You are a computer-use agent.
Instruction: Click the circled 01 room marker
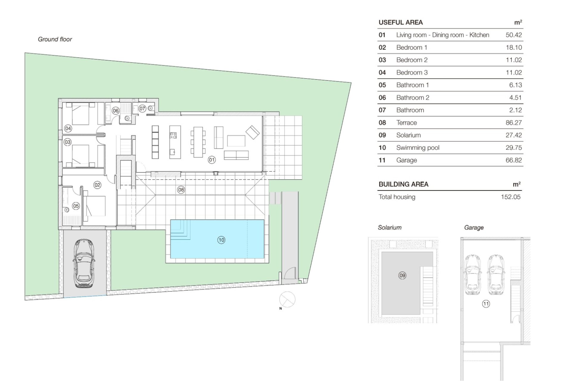(x=212, y=160)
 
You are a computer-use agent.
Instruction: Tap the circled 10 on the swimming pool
(x=221, y=240)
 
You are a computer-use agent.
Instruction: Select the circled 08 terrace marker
(x=181, y=190)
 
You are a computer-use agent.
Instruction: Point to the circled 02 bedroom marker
(x=97, y=185)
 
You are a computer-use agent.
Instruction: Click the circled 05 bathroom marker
(x=76, y=206)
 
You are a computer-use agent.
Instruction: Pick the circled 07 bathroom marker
(x=142, y=109)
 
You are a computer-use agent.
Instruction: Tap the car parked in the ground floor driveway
(x=84, y=263)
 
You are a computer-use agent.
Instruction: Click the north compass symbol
(x=287, y=299)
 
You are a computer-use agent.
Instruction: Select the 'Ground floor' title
(x=55, y=39)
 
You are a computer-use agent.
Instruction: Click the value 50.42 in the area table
(x=514, y=35)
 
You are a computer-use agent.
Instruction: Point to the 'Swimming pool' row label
(x=418, y=148)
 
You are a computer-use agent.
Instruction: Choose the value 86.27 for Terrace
(x=514, y=123)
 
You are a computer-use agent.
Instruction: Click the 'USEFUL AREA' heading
(x=400, y=22)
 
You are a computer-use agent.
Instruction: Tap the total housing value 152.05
(x=511, y=197)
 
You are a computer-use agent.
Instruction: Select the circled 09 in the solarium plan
(x=402, y=275)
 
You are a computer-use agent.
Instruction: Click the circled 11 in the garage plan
(x=486, y=304)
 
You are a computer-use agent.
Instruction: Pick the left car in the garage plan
(x=473, y=274)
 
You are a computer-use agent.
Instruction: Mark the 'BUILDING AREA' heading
(x=403, y=184)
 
